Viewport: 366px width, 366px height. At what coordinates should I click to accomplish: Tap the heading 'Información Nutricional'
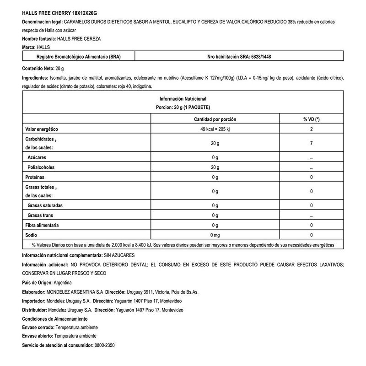183,99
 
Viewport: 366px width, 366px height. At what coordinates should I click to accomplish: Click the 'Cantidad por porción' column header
215,119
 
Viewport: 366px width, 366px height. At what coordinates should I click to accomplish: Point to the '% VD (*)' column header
311,119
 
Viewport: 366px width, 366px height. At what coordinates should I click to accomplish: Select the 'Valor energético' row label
42,129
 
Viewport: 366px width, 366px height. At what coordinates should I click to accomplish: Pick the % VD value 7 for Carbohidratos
311,144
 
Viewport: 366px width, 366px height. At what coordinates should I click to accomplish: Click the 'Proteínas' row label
35,177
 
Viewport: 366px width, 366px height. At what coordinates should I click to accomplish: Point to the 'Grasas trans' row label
42,215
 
